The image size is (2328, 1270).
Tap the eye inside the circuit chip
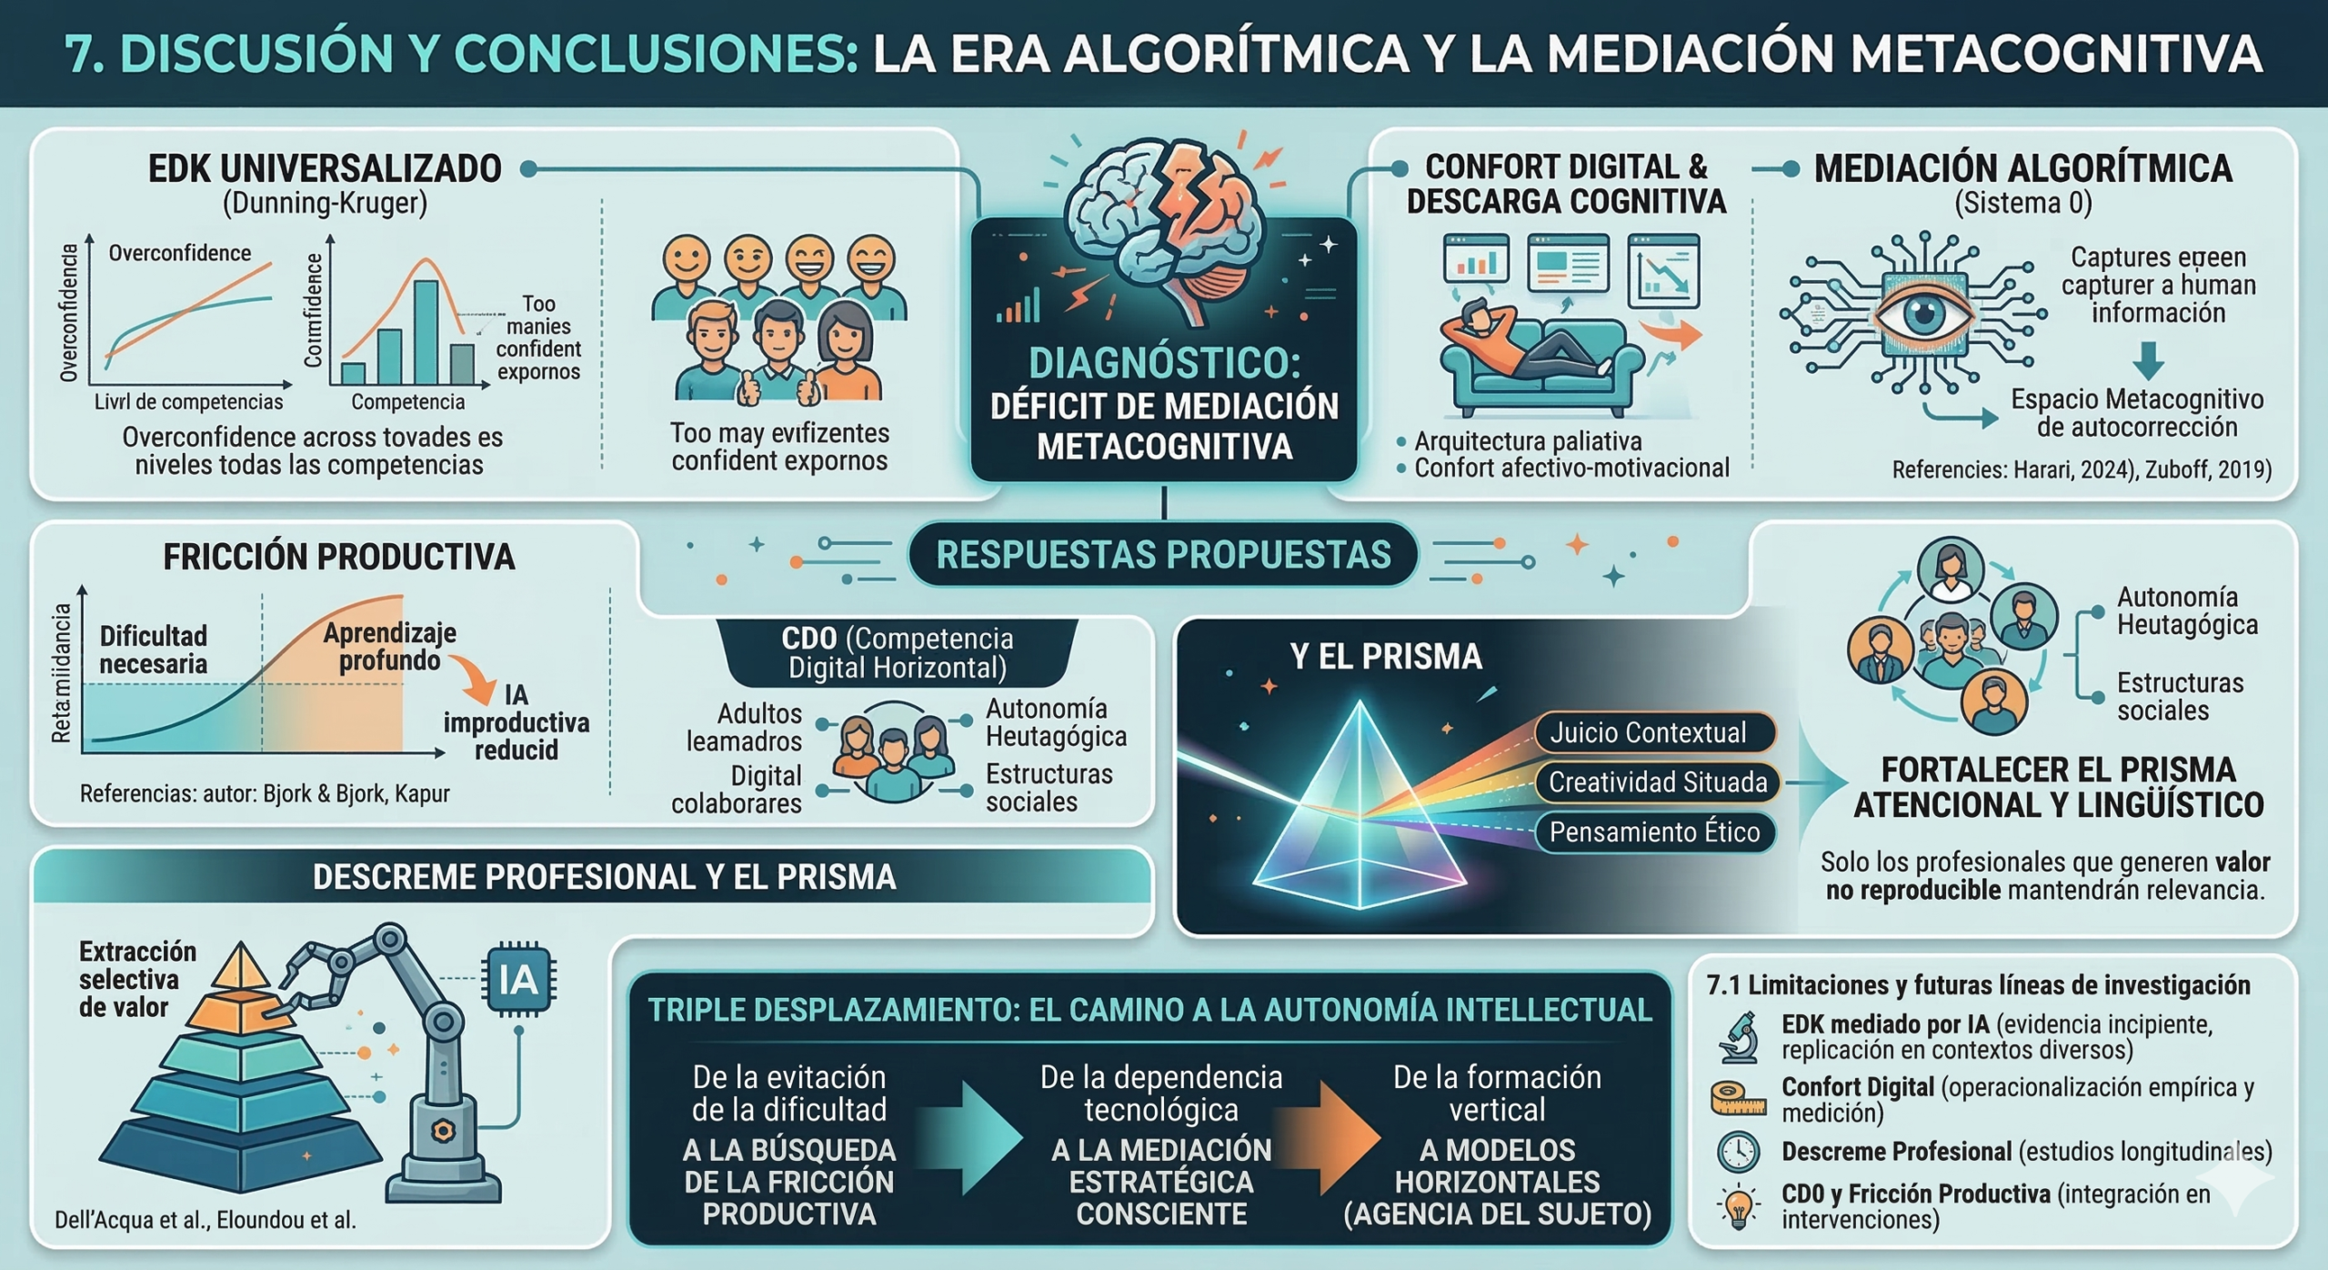coord(1923,315)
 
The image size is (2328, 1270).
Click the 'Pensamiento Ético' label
coord(1654,832)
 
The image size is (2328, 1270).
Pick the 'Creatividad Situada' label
coord(1657,782)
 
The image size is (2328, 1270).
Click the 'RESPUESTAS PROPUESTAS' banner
coord(1163,554)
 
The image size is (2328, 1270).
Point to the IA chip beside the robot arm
coord(518,981)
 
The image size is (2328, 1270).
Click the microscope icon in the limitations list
coord(1739,1037)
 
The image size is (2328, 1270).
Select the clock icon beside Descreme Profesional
coord(1738,1152)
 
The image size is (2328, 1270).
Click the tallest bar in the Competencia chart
coord(426,331)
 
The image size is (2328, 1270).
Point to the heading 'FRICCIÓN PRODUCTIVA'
coord(338,557)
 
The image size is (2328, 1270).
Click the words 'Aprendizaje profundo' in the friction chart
coord(389,647)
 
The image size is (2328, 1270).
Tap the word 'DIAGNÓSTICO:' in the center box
coord(1164,363)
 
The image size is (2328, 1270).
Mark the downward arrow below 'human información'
coord(2148,360)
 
